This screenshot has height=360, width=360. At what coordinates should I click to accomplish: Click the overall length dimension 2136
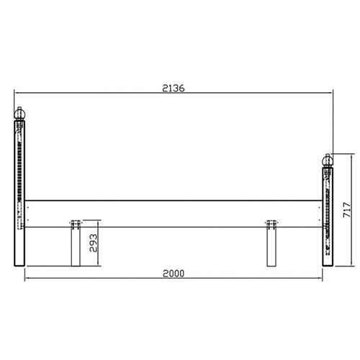click(174, 88)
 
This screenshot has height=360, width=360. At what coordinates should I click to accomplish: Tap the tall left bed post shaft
click(20, 194)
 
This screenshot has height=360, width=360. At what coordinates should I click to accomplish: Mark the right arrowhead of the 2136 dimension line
click(332, 94)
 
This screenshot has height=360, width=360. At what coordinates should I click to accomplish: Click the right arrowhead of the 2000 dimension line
click(321, 279)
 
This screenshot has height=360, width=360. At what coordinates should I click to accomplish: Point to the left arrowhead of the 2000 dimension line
click(27, 279)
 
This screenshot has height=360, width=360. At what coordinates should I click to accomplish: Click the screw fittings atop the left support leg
click(76, 222)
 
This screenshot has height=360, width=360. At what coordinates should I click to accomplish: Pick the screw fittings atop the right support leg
click(271, 222)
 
